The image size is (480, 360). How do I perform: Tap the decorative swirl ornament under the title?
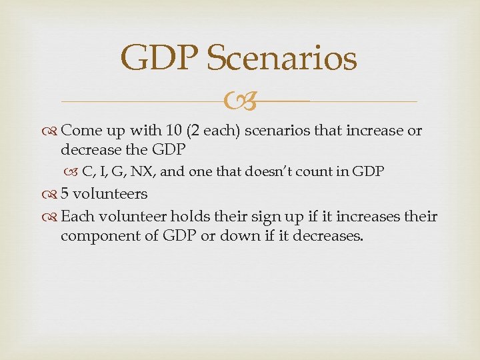(x=239, y=102)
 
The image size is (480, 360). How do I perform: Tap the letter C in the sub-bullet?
(x=87, y=171)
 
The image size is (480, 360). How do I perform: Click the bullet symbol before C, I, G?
(x=74, y=172)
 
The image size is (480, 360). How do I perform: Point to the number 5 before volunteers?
(x=65, y=194)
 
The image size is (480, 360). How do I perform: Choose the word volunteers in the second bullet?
(x=109, y=194)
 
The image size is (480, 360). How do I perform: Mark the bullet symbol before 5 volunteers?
(x=52, y=195)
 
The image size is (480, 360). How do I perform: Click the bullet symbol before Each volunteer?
(x=52, y=217)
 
